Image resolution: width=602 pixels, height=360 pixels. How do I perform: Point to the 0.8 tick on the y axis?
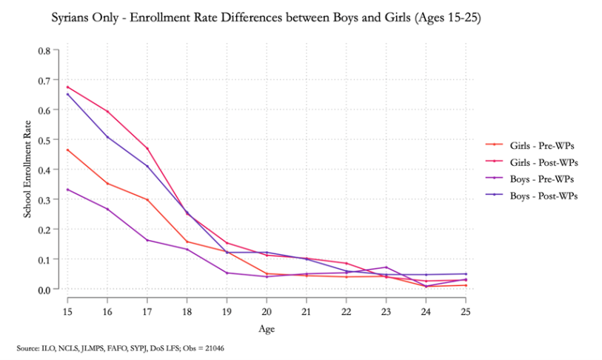point(44,50)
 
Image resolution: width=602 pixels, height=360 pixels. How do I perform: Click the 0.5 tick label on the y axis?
point(44,140)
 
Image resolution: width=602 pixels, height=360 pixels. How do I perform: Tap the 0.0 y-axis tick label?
point(44,290)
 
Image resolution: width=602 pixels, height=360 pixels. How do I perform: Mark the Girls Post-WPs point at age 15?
point(67,87)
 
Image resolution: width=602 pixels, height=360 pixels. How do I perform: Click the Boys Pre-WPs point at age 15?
point(67,190)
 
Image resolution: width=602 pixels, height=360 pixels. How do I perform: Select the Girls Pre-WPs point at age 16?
point(107,183)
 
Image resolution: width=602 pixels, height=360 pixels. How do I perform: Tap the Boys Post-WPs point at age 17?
point(147,166)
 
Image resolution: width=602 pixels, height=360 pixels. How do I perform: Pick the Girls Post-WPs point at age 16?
point(107,112)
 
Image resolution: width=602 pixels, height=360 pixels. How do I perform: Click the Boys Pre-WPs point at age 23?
point(386,267)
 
